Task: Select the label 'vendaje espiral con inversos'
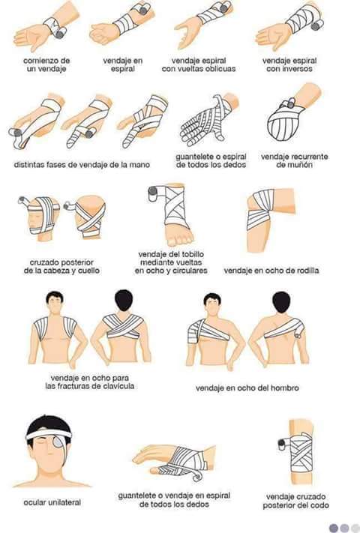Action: pyautogui.click(x=288, y=64)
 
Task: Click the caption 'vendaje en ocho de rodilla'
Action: pyautogui.click(x=271, y=270)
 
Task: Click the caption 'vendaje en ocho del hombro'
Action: pyautogui.click(x=247, y=388)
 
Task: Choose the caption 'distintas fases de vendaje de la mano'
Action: pyautogui.click(x=82, y=165)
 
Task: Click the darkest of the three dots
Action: pyautogui.click(x=333, y=527)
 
